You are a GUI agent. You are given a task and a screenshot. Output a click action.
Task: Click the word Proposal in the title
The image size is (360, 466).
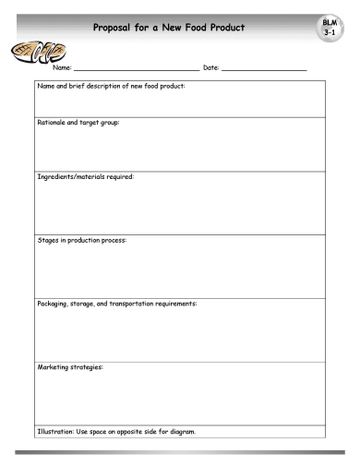[119, 27]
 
